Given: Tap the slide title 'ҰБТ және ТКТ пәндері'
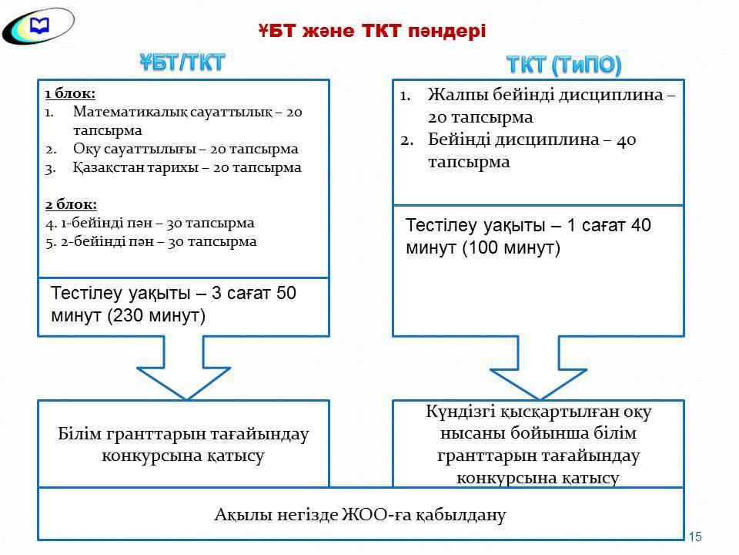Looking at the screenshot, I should [372, 30].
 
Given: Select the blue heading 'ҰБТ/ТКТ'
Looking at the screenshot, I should [182, 62].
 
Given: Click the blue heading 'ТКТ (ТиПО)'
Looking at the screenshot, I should [563, 65].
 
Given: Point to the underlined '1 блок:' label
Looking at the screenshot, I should [70, 93].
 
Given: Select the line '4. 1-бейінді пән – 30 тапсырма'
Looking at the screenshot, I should [149, 223].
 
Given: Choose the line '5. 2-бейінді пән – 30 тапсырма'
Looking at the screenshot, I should [150, 241].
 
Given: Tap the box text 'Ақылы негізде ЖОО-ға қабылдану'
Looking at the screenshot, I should [360, 514].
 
